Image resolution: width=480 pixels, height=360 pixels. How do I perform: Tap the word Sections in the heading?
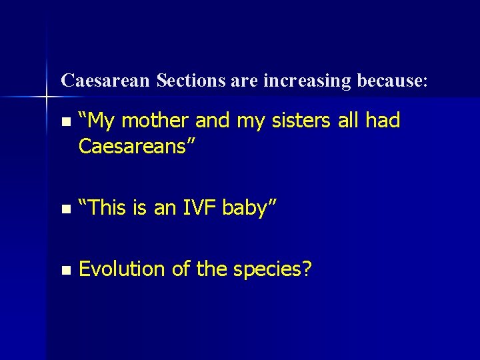(x=191, y=81)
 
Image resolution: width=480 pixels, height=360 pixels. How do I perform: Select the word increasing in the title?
(x=307, y=81)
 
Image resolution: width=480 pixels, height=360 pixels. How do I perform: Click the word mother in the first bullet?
(x=157, y=121)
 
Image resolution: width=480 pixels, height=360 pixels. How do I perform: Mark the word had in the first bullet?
(x=383, y=121)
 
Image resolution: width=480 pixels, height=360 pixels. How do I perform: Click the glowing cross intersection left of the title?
(x=47, y=97)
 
